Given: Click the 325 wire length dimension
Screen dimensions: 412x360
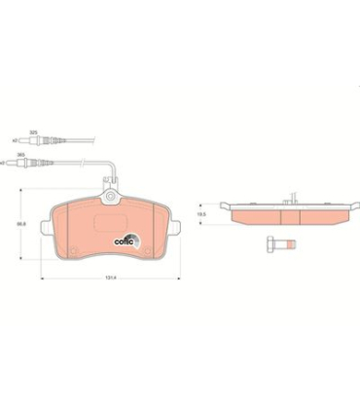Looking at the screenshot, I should click(32, 131).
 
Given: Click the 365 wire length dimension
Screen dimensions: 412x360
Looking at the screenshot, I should click(32, 154).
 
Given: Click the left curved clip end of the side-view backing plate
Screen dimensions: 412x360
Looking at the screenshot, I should click(225, 206).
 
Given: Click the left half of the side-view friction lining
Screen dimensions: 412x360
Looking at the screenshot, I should click(264, 217).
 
